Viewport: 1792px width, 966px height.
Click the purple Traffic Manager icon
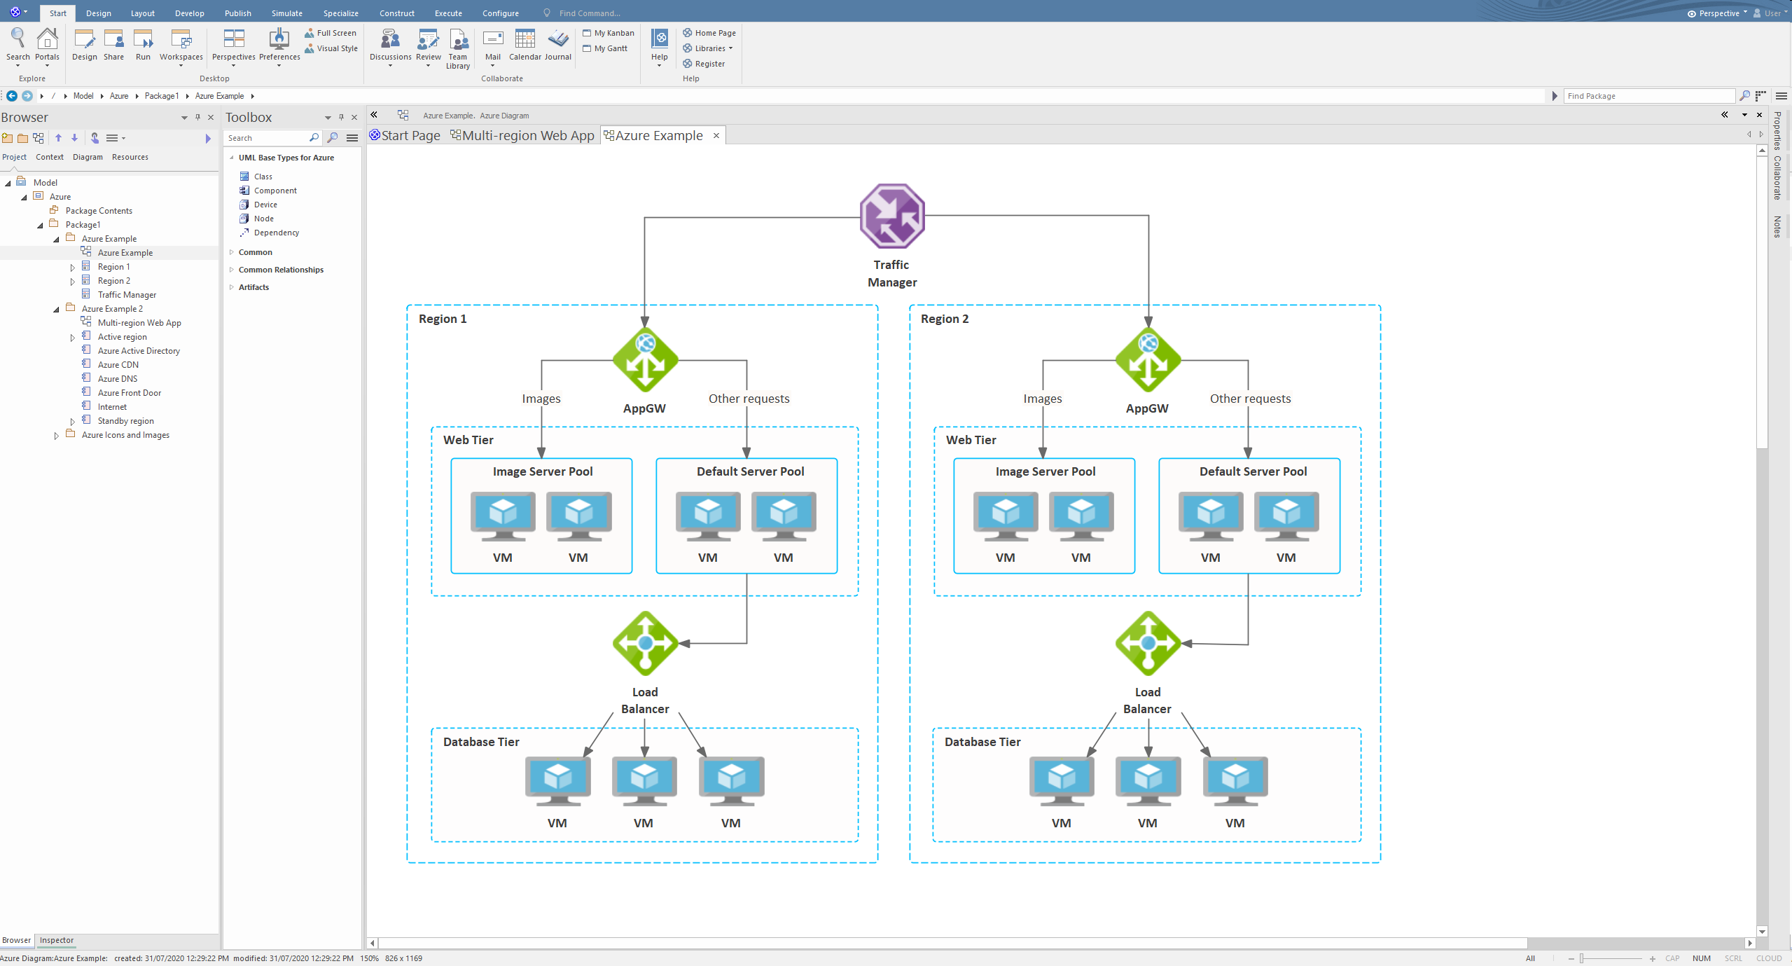tap(892, 216)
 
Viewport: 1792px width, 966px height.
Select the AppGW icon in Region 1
tap(645, 360)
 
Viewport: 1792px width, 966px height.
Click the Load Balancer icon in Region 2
tap(1148, 643)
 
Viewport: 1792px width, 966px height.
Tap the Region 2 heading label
tap(945, 319)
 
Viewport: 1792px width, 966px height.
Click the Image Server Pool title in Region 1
tap(543, 471)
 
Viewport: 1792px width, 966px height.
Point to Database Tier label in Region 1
tap(481, 742)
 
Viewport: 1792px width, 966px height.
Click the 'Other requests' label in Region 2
tap(1250, 399)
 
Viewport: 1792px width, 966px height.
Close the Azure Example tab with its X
tap(716, 135)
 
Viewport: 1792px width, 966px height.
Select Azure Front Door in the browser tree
tap(129, 393)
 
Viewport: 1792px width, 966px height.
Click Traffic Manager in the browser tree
tap(127, 295)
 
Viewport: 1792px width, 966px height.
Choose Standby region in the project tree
tap(125, 421)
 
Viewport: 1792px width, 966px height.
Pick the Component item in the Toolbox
tap(275, 191)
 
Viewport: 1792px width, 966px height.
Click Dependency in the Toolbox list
tap(277, 233)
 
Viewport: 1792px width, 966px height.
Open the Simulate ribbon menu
tap(287, 13)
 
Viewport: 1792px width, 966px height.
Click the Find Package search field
tap(1649, 96)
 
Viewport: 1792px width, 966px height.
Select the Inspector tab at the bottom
tap(57, 940)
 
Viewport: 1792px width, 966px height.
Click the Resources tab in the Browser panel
tap(130, 157)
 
